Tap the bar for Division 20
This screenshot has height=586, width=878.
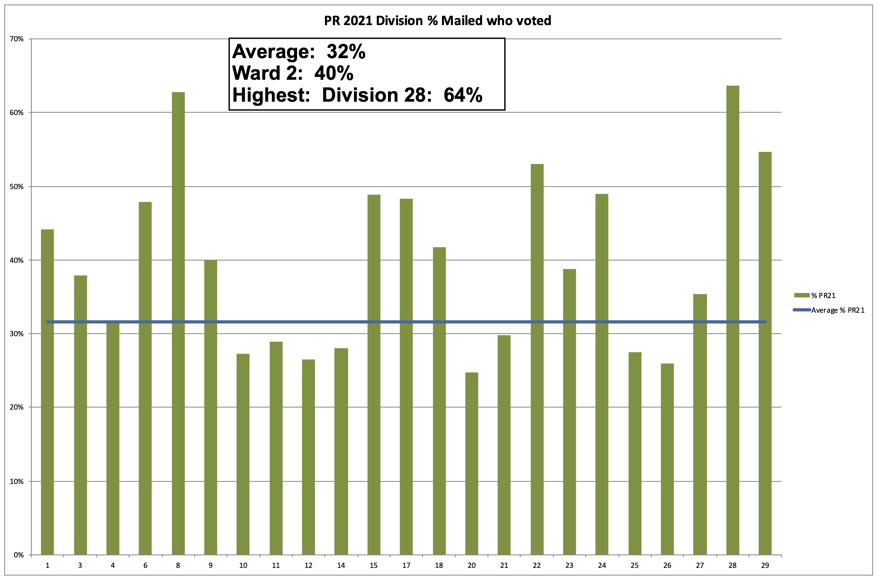pos(472,463)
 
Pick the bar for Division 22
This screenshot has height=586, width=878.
pos(537,359)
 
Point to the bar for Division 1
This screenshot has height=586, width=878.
pos(47,392)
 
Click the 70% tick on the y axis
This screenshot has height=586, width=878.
pos(17,39)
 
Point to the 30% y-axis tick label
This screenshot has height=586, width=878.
pos(17,334)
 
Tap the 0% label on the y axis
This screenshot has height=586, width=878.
pos(18,555)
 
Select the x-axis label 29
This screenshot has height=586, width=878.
pos(765,565)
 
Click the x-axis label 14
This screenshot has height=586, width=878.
pos(341,565)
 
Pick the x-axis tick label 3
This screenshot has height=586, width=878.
pos(80,565)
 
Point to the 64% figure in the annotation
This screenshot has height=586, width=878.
pos(463,95)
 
